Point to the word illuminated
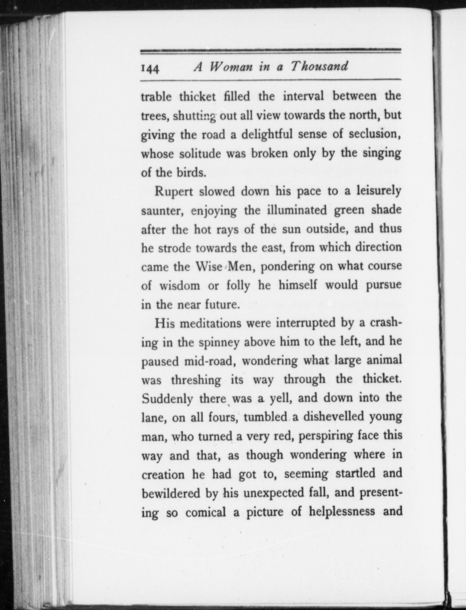point(297,210)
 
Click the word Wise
point(209,267)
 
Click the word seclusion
point(374,134)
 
